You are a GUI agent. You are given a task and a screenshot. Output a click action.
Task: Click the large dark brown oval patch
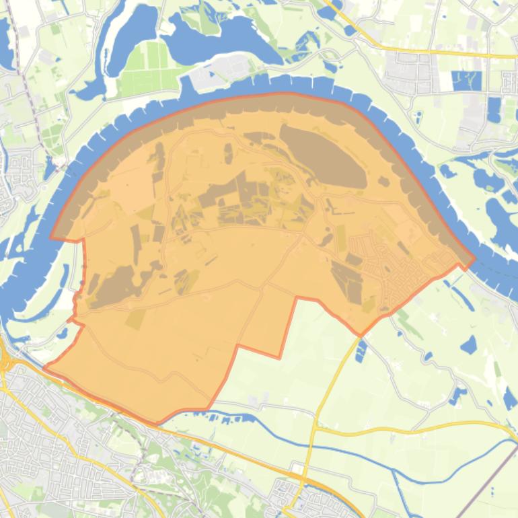(323, 156)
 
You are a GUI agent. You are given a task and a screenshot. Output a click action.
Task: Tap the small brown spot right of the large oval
(383, 181)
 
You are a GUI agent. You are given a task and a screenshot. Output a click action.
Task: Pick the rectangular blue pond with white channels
(467, 81)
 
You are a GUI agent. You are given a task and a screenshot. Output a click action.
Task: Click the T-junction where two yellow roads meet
(315, 429)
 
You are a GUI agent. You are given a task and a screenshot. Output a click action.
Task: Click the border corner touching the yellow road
(361, 335)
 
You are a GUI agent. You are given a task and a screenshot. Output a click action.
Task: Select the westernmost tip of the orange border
(45, 367)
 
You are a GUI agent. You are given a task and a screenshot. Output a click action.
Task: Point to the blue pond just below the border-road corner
(361, 350)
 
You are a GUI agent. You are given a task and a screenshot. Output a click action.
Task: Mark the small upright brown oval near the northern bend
(228, 153)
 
